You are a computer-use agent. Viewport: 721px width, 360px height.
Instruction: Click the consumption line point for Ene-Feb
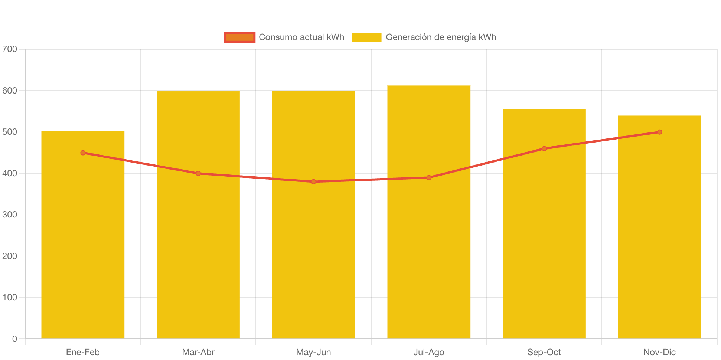click(x=83, y=153)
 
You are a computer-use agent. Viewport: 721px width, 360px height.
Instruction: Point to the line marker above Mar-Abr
click(x=198, y=173)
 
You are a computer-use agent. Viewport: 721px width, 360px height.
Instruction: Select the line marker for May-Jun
click(x=314, y=181)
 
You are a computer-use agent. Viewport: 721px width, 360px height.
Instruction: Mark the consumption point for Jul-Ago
click(x=429, y=177)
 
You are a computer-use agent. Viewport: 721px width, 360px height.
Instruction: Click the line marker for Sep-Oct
click(x=544, y=148)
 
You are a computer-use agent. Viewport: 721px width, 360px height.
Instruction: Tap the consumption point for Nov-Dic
click(x=659, y=132)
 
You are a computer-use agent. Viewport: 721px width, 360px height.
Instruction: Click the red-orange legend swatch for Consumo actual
click(x=239, y=37)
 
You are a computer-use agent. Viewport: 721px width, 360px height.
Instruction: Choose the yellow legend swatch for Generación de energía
click(x=366, y=37)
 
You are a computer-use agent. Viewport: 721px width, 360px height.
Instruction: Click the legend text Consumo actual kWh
click(x=301, y=37)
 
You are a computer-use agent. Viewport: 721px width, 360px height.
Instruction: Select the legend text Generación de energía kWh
click(x=441, y=37)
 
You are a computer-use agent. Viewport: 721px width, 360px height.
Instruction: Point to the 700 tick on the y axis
click(x=10, y=49)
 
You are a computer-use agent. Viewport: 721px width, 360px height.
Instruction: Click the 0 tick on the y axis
click(x=14, y=338)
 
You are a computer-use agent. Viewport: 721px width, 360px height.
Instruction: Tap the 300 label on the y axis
click(x=10, y=215)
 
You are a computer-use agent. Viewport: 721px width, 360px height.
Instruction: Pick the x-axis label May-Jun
click(x=314, y=352)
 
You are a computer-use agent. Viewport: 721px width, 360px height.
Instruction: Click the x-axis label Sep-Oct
click(x=544, y=352)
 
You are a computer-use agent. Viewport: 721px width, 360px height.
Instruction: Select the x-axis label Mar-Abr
click(x=198, y=352)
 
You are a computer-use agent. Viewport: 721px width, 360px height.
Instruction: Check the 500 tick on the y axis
click(x=10, y=132)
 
